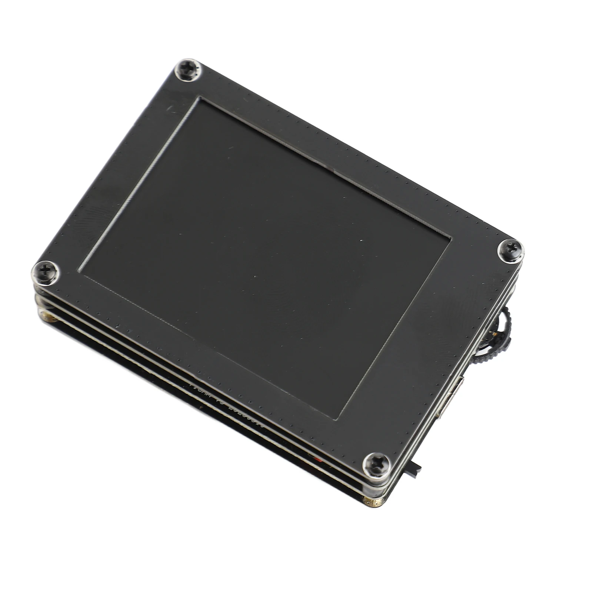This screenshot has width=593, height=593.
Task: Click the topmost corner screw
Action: (188, 70)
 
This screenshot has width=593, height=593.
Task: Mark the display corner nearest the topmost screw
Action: (200, 99)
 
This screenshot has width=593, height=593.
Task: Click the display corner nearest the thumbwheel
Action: (450, 237)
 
